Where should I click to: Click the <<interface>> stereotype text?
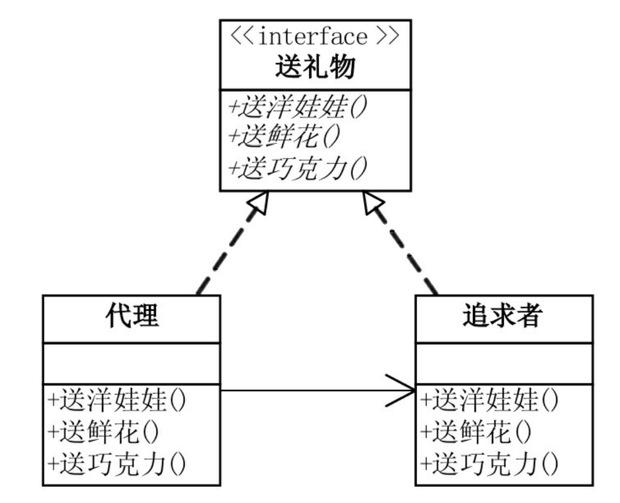click(315, 38)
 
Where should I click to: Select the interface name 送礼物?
click(315, 68)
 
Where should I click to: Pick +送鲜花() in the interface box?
click(285, 138)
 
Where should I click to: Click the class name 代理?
click(131, 318)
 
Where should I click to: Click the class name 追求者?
click(504, 318)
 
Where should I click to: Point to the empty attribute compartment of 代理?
click(131, 363)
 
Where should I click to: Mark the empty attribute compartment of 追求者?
click(504, 363)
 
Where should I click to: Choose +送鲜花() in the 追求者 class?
click(476, 431)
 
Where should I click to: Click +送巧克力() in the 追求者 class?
click(489, 462)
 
